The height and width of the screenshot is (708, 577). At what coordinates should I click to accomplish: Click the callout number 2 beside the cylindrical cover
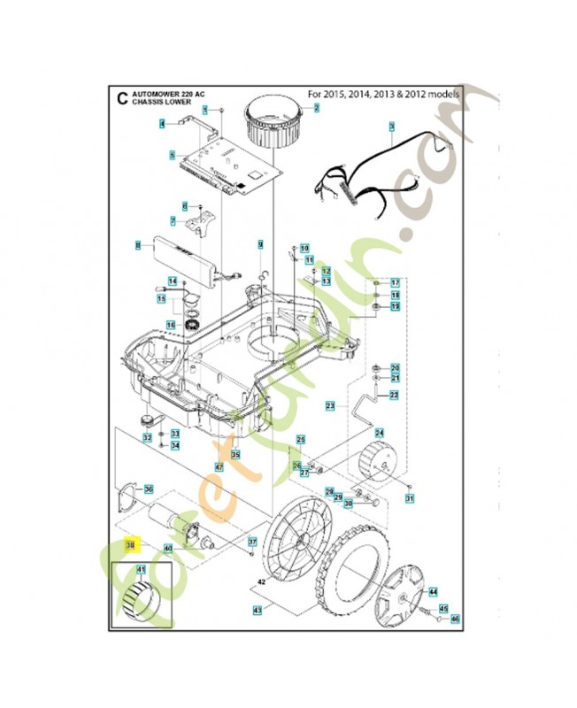[x=315, y=107]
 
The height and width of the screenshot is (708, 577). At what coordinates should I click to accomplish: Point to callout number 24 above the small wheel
[x=379, y=433]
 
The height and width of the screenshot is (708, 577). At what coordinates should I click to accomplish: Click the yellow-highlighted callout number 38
[x=129, y=545]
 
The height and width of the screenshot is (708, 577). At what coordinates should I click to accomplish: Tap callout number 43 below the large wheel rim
[x=258, y=610]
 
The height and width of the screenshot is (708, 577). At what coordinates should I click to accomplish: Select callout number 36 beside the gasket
[x=149, y=489]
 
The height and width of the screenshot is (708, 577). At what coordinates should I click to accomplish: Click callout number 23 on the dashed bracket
[x=329, y=405]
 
